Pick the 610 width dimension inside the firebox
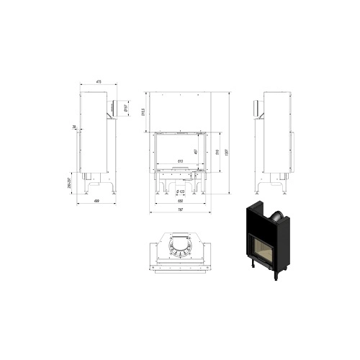click(180, 160)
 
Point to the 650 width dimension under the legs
click(180, 202)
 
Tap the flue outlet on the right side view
click(256, 108)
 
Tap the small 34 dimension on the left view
click(74, 127)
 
